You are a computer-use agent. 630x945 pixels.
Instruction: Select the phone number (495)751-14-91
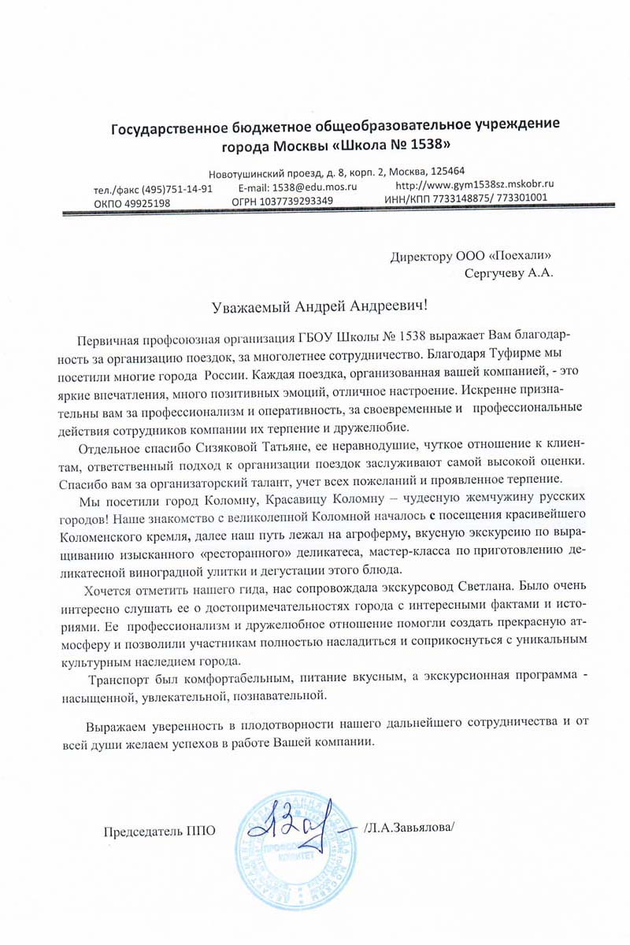164,189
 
